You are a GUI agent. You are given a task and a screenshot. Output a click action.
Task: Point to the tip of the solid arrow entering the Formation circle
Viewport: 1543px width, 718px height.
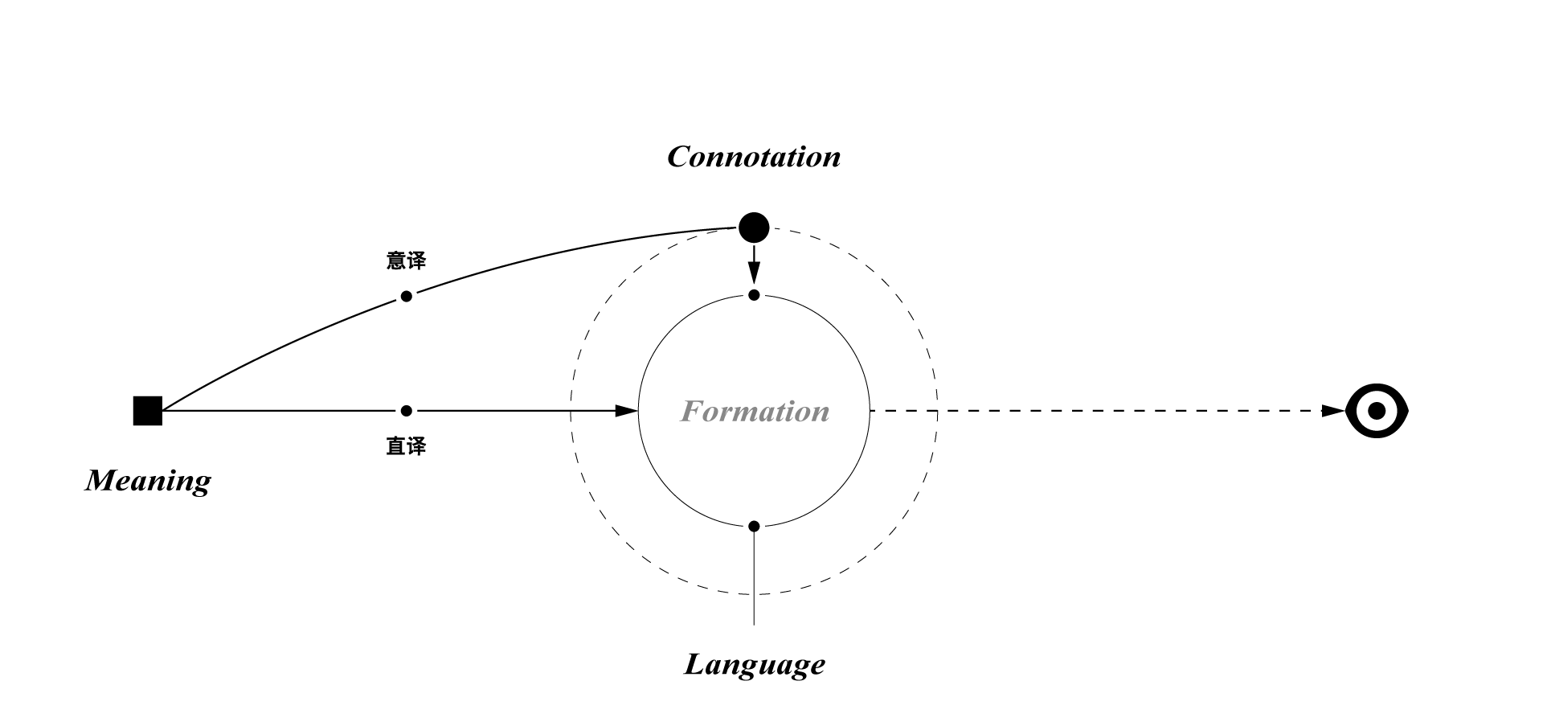(638, 411)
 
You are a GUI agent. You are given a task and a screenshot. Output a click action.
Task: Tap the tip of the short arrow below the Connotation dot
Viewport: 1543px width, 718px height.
(754, 283)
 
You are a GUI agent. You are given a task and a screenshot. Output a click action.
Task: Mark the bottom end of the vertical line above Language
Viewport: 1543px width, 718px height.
(754, 625)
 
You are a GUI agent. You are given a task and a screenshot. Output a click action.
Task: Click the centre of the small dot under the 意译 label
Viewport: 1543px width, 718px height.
(407, 296)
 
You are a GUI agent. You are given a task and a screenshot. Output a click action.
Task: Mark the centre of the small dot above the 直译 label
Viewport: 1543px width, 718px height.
(407, 411)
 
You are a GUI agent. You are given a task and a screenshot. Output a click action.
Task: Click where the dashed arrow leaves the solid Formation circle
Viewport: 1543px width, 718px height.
(870, 411)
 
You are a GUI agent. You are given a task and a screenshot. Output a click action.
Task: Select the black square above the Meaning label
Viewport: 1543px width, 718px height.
(148, 411)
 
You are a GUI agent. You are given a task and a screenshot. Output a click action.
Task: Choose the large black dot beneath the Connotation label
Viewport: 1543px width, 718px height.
(754, 228)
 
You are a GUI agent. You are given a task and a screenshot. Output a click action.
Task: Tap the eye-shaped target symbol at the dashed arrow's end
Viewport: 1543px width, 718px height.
(1377, 411)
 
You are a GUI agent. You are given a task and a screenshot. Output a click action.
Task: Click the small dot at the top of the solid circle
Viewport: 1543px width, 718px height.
(754, 295)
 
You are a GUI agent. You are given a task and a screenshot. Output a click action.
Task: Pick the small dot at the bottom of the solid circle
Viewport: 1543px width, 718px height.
(754, 527)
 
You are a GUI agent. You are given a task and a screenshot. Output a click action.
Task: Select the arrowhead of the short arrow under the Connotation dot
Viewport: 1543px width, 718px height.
(754, 274)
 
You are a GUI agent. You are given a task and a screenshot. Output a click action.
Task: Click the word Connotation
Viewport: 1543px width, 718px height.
(754, 156)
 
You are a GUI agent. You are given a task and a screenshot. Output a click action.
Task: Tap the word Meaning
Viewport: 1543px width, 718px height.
(148, 480)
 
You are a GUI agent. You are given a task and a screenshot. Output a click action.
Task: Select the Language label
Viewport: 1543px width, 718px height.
(755, 664)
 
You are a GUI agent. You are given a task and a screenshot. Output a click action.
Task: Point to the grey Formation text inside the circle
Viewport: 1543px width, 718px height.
(755, 411)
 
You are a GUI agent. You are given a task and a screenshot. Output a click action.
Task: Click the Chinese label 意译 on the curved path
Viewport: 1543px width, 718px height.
(407, 261)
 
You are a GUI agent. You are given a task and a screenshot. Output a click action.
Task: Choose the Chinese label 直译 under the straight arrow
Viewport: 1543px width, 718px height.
(407, 446)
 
